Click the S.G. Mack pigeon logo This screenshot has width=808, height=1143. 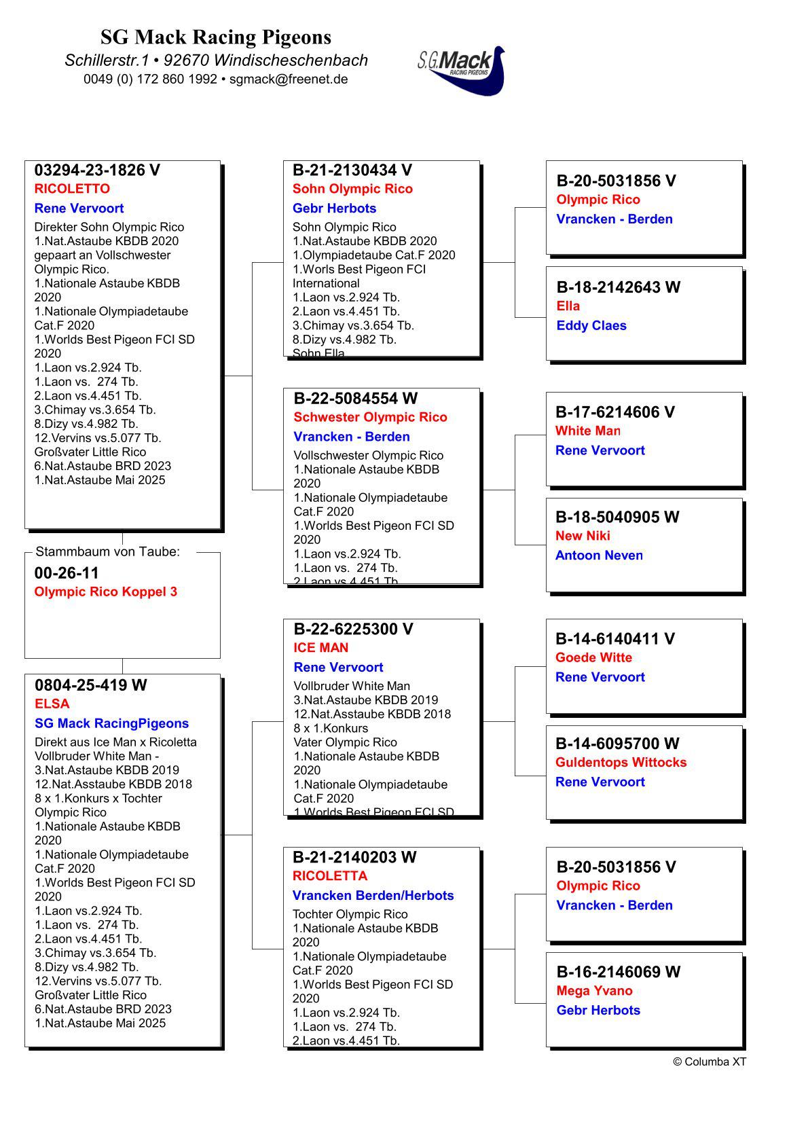(x=462, y=70)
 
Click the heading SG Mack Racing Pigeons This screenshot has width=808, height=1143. (x=216, y=37)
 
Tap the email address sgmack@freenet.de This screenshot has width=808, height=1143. (x=289, y=79)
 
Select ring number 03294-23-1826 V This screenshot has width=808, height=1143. (x=97, y=170)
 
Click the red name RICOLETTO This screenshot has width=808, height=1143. (x=72, y=189)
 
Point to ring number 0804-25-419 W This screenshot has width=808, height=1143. (x=90, y=685)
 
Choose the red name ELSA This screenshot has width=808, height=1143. (x=52, y=704)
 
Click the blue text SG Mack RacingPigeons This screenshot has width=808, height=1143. (x=111, y=723)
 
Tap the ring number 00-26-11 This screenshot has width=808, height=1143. (x=67, y=573)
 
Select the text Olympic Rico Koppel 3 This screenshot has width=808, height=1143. (x=105, y=592)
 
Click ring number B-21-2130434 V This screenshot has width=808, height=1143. (x=352, y=170)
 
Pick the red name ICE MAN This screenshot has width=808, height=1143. (x=321, y=648)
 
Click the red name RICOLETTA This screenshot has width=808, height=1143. (x=330, y=876)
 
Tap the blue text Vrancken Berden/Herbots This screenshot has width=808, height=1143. (x=373, y=896)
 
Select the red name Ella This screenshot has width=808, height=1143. (x=568, y=306)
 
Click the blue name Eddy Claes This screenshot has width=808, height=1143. (x=591, y=326)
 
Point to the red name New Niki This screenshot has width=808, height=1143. (x=583, y=536)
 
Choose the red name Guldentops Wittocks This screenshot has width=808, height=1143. (x=621, y=763)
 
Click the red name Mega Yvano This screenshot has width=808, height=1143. (x=594, y=991)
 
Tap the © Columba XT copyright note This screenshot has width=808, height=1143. (x=709, y=1062)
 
